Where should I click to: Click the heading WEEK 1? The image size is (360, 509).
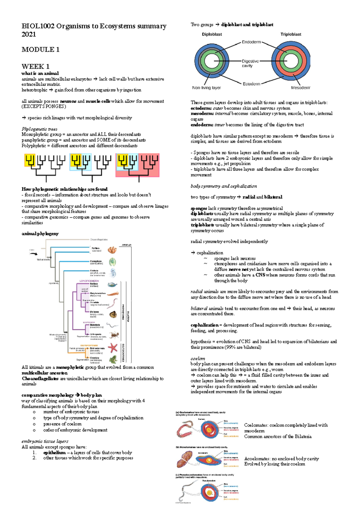(x=35, y=66)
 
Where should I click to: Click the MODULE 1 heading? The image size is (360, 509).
(x=40, y=49)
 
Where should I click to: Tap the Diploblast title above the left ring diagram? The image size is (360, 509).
(x=212, y=34)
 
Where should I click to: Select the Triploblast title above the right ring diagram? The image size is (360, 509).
(x=291, y=34)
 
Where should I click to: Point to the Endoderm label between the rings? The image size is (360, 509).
(x=251, y=42)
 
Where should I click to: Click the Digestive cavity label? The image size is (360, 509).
(x=250, y=63)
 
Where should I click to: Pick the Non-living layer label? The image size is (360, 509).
(x=206, y=88)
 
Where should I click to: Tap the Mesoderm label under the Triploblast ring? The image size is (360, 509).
(x=301, y=88)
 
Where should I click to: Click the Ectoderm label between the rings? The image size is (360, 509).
(x=251, y=84)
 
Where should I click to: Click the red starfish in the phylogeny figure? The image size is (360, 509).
(x=113, y=347)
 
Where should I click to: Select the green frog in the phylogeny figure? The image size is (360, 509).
(x=113, y=359)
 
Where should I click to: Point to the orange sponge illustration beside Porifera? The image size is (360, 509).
(x=112, y=250)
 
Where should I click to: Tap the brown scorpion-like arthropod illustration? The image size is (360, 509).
(x=113, y=335)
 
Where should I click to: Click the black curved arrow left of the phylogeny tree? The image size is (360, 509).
(x=33, y=254)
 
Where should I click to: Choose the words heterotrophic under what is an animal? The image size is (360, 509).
(x=34, y=90)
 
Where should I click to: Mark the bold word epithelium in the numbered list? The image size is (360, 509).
(x=54, y=453)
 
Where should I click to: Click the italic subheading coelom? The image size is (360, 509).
(x=198, y=359)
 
